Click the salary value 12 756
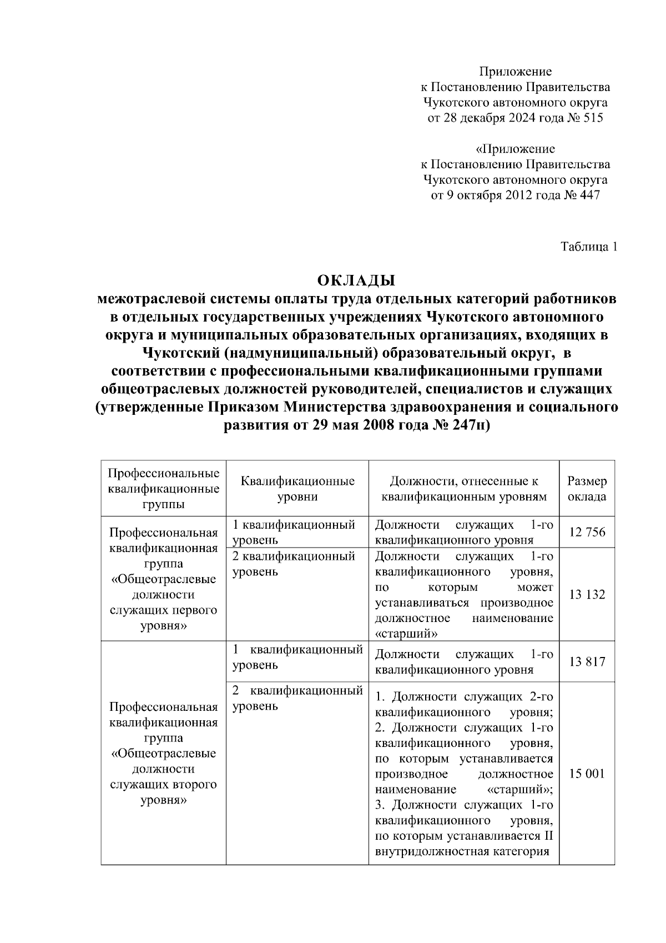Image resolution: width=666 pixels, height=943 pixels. [587, 532]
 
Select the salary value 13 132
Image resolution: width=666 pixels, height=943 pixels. [587, 595]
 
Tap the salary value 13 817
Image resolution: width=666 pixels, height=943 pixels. [587, 661]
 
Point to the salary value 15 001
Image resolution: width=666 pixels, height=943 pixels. [587, 774]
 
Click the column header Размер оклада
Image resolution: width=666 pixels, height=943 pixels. [587, 489]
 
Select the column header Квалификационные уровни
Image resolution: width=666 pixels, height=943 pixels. [297, 489]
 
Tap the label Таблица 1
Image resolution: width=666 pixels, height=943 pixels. [589, 247]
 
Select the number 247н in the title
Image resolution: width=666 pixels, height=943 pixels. [472, 426]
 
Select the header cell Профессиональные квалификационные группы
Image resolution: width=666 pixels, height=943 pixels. [163, 489]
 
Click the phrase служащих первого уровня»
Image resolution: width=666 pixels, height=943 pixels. [163, 618]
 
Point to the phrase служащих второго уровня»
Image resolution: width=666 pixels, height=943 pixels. [163, 792]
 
